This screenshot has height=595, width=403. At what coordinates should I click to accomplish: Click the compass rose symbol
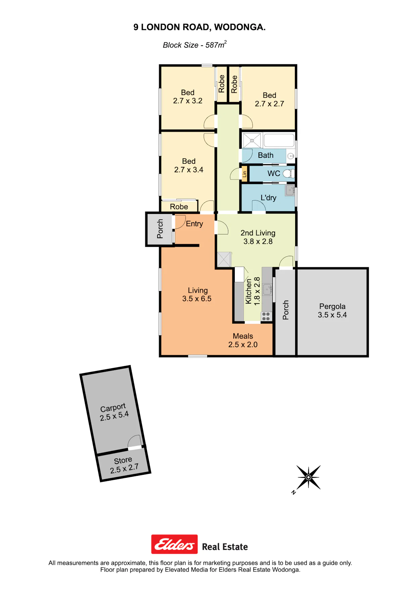click(308, 477)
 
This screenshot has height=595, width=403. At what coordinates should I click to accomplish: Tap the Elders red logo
click(174, 544)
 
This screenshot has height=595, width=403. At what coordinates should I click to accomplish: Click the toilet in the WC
click(288, 174)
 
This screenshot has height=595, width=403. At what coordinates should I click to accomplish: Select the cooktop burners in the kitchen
click(266, 316)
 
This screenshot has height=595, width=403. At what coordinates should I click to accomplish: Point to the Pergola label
click(332, 306)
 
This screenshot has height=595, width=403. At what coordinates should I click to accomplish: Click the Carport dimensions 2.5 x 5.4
click(114, 416)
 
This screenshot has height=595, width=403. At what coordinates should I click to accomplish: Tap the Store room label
click(123, 460)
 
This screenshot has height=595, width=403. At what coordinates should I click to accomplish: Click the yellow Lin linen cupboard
click(244, 174)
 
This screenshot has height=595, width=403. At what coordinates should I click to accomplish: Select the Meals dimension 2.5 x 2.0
click(243, 345)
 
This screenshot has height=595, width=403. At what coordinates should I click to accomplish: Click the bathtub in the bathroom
click(279, 140)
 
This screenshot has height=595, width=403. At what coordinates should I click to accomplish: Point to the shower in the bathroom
click(252, 140)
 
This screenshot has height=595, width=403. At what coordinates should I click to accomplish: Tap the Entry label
click(194, 224)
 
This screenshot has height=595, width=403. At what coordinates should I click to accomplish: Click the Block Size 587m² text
click(195, 45)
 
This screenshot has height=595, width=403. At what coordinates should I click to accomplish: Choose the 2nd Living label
click(258, 233)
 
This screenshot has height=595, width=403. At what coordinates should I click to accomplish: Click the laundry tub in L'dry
click(290, 190)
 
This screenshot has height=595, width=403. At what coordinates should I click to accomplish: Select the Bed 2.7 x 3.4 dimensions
click(189, 170)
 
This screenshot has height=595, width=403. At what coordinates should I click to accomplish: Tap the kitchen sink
click(267, 289)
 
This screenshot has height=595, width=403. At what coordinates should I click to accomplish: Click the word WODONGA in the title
click(240, 27)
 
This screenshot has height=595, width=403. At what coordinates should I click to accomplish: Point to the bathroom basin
click(291, 156)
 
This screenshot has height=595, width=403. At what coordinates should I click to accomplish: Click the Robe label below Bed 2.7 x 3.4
click(179, 207)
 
